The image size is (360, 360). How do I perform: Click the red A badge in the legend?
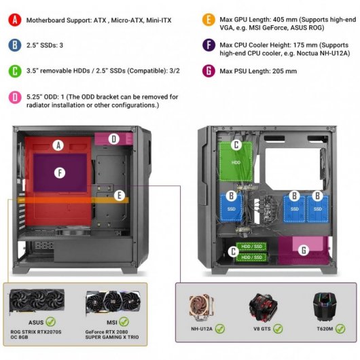tap(15, 20)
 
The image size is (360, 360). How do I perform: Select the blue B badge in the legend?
tap(15, 45)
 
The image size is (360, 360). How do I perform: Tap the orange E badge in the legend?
tap(209, 20)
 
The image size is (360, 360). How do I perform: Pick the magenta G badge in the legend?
tap(209, 71)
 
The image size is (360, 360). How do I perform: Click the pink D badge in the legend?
tap(15, 97)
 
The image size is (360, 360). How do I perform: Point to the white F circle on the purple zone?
tap(60, 173)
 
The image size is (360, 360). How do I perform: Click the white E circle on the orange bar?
tap(120, 196)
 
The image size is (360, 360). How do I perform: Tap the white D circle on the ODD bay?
tap(113, 139)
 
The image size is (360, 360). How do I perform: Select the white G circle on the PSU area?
tap(304, 250)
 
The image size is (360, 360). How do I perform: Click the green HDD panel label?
tap(236, 162)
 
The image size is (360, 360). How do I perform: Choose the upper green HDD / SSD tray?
tap(251, 247)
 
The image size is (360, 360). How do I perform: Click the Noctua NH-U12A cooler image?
tap(201, 308)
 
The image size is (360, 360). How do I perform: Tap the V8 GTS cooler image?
tap(263, 307)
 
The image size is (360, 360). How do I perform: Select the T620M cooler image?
tap(324, 306)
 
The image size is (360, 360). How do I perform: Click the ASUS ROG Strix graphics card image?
tap(37, 301)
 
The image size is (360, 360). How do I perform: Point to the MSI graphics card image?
tap(113, 302)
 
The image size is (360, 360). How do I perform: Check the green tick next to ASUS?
tap(50, 322)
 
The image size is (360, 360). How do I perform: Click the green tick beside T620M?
tap(340, 329)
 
